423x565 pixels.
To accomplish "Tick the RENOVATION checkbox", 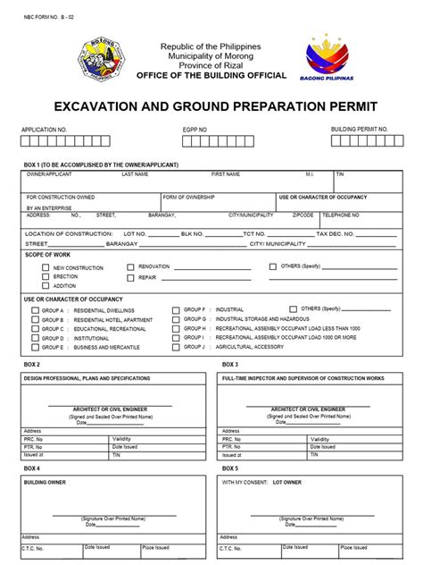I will click(130, 266).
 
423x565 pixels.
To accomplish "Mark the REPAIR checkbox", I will click(130, 277).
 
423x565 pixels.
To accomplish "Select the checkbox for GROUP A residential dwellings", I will click(35, 310).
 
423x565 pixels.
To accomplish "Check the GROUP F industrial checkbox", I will click(176, 310).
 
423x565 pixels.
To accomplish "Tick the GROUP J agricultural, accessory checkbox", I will click(176, 347).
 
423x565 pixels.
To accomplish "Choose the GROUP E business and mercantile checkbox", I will click(35, 347).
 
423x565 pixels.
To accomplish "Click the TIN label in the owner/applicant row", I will click(339, 174).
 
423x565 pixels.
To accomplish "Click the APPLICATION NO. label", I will click(44, 130).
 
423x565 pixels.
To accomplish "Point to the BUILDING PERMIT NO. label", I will click(360, 130).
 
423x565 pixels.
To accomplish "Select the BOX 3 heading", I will click(229, 365).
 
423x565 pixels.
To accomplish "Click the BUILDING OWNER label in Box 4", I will click(45, 483).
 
